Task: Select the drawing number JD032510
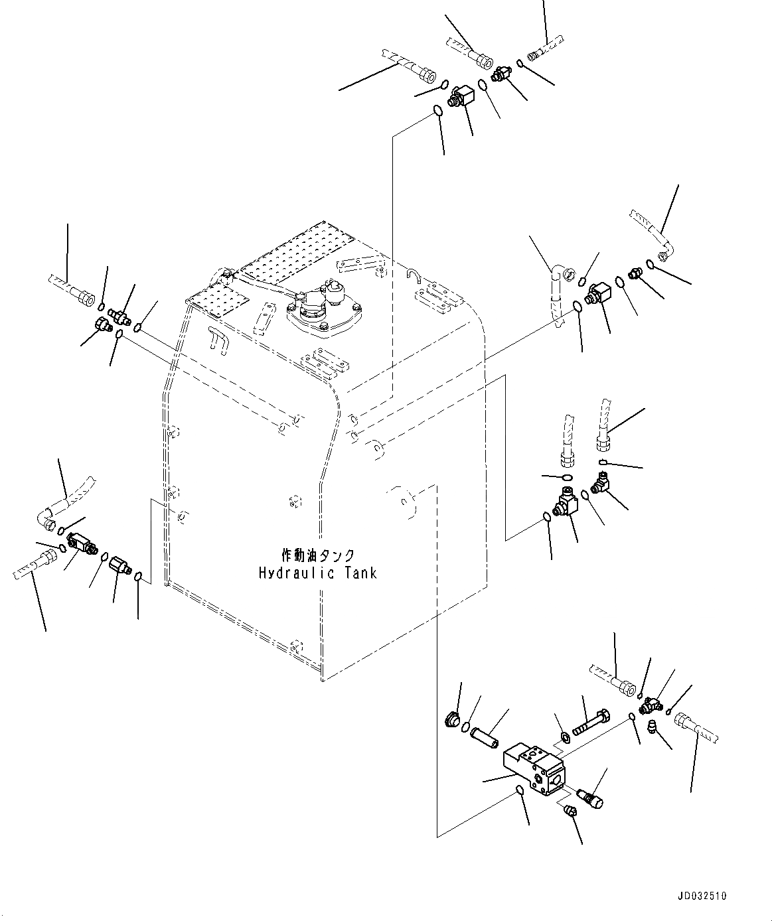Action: click(x=702, y=896)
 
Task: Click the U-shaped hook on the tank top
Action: click(x=416, y=272)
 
